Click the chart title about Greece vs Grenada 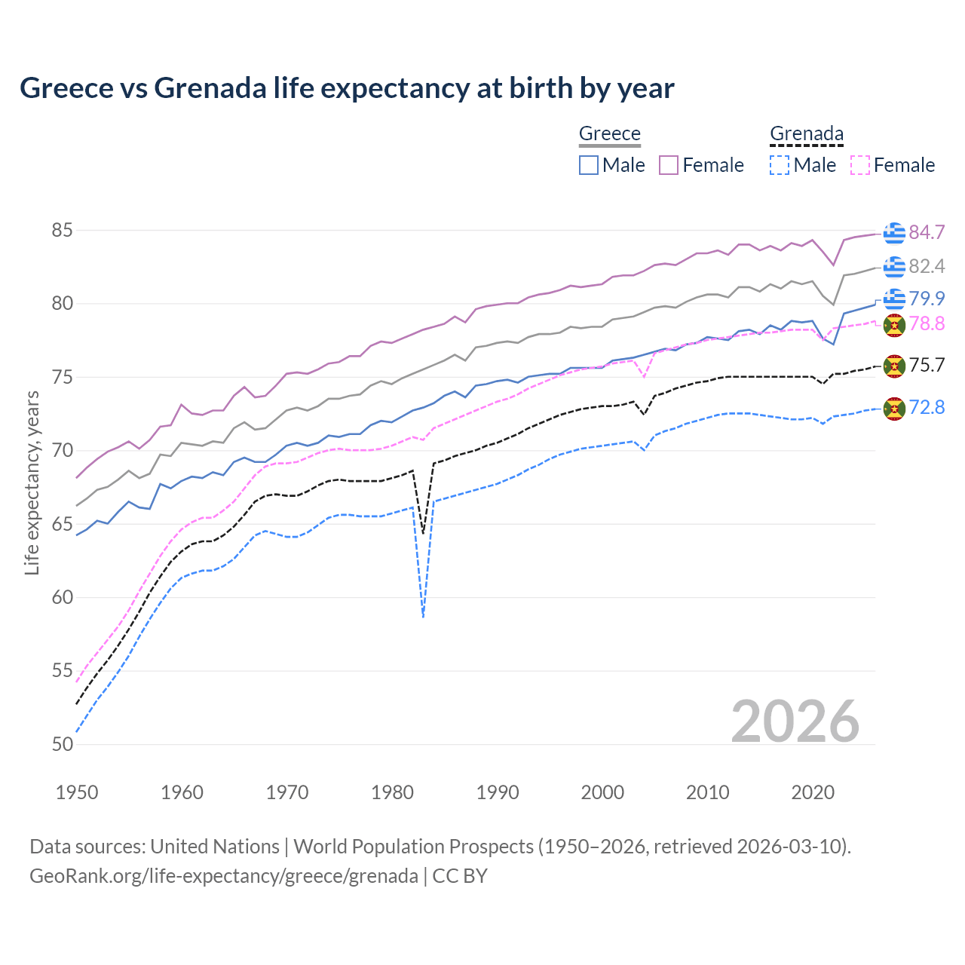347,88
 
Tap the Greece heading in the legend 609,133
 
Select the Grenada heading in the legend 806,133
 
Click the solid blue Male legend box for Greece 589,165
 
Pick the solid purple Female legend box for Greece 669,165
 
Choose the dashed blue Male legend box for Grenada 780,165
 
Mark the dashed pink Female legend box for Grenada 859,165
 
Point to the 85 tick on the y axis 62,230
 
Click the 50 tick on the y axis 62,744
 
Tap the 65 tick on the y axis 62,524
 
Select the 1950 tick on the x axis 77,792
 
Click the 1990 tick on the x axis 498,792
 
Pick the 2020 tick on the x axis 813,792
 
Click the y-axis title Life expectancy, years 32,482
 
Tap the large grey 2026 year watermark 795,721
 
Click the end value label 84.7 927,232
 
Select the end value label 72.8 927,408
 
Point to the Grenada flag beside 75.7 894,366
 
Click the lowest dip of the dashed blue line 424,617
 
